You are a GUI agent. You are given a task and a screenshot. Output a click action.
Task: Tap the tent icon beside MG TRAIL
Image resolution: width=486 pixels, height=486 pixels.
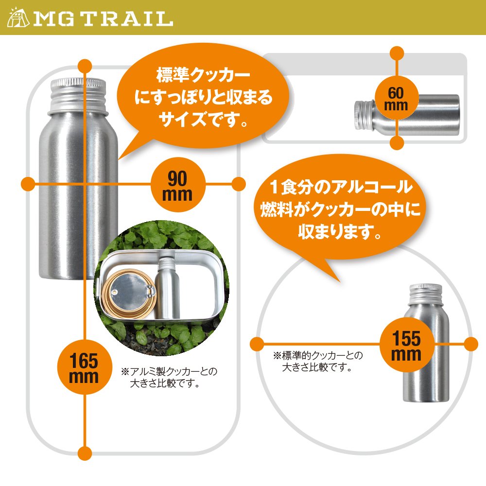[x=18, y=18]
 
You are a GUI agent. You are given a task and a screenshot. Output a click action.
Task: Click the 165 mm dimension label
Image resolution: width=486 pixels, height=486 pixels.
[x=84, y=367]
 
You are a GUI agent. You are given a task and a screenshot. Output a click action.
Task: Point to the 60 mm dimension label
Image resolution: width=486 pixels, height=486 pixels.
[x=396, y=99]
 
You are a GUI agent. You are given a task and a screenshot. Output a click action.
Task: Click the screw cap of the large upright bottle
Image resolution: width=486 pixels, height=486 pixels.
[x=78, y=94]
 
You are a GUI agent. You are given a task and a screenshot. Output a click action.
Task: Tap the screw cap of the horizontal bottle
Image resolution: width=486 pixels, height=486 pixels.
[x=363, y=115]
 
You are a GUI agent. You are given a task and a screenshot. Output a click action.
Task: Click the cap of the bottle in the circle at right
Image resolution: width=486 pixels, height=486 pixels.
[x=426, y=293]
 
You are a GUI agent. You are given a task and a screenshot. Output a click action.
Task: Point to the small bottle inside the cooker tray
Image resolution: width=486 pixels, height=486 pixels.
[x=167, y=287]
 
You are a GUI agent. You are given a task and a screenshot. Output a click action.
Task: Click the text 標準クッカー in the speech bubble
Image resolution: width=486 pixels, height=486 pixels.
[x=203, y=75]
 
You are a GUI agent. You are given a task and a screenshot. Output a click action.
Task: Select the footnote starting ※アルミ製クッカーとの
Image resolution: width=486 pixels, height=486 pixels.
[x=169, y=378]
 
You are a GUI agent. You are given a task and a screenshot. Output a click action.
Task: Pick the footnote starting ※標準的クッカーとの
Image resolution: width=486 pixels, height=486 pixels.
[x=318, y=362]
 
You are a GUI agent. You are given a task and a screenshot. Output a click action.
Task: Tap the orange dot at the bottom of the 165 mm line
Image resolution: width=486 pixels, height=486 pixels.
[x=85, y=453]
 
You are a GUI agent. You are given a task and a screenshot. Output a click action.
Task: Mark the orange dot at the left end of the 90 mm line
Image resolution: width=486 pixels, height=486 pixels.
[x=28, y=184]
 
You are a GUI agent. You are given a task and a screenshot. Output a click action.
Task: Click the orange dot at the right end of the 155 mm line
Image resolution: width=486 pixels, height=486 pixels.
[x=471, y=345]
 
